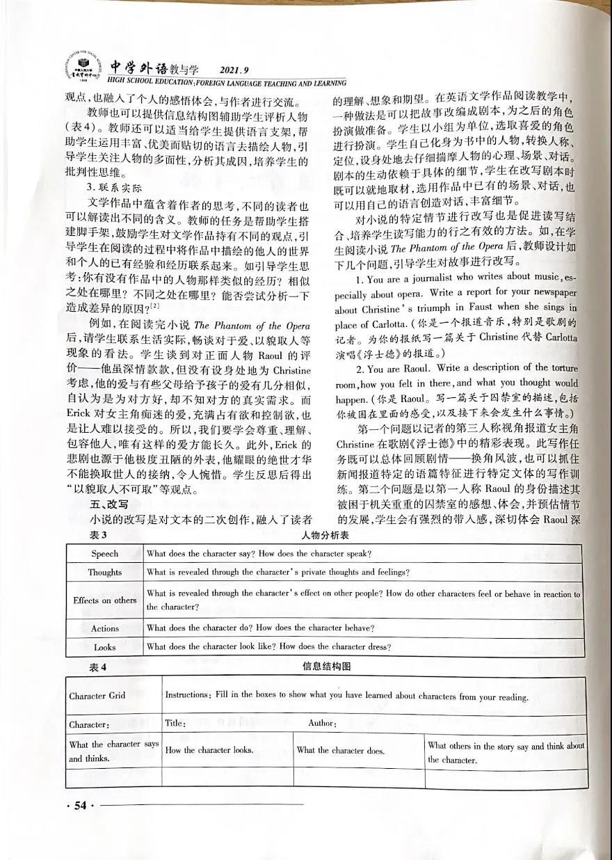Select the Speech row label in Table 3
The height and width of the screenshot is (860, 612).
105,554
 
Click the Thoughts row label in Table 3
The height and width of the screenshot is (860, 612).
105,573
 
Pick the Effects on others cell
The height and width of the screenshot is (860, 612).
105,600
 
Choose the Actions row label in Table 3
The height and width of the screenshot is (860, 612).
105,628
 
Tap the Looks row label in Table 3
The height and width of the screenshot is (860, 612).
105,647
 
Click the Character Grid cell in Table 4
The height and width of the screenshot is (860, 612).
97,696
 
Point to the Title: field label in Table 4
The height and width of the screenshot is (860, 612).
175,724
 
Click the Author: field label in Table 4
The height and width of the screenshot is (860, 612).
323,724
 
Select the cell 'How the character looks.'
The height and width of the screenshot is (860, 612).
209,750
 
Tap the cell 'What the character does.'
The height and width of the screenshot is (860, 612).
341,750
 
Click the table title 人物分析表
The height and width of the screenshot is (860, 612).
325,536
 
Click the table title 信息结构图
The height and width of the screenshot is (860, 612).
326,667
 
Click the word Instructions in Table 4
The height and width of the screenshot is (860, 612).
186,695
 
